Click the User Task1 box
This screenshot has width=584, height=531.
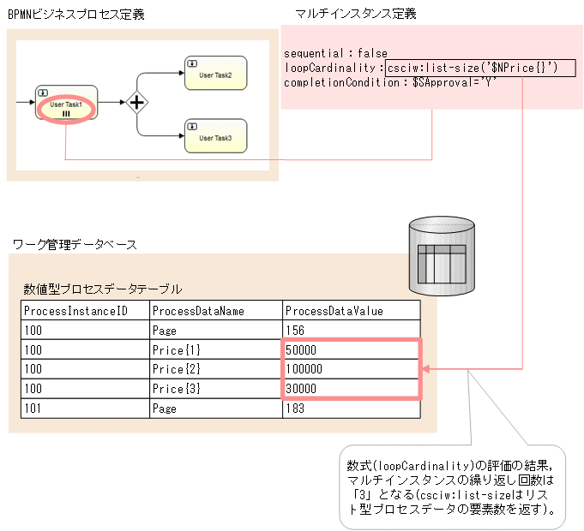coord(66,104)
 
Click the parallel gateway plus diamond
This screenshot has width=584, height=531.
coord(136,104)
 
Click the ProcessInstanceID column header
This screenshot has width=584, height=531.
coord(85,310)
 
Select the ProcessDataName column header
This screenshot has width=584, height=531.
coord(215,310)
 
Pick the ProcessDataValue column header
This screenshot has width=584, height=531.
coord(351,310)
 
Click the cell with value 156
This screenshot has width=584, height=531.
coord(351,330)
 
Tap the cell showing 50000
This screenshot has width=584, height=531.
coord(351,349)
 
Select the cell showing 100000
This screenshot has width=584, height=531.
coord(351,369)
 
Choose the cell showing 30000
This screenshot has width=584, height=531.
coord(351,389)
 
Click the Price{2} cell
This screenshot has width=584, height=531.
coord(215,369)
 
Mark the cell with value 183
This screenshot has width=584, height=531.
coord(351,409)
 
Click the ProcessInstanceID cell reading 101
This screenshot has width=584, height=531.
coord(85,409)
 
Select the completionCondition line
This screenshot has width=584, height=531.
coord(390,82)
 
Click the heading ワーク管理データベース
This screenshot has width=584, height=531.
coord(75,245)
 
